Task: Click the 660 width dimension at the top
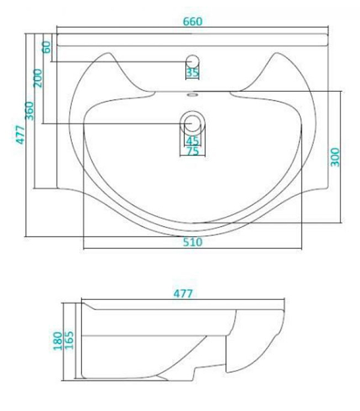[193, 22]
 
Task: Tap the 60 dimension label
[47, 47]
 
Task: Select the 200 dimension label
[38, 78]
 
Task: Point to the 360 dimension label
[29, 110]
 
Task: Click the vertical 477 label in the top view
[20, 134]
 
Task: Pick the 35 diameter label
[193, 73]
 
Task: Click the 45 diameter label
[193, 141]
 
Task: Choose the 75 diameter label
[193, 151]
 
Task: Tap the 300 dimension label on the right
[335, 157]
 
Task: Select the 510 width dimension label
[193, 242]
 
